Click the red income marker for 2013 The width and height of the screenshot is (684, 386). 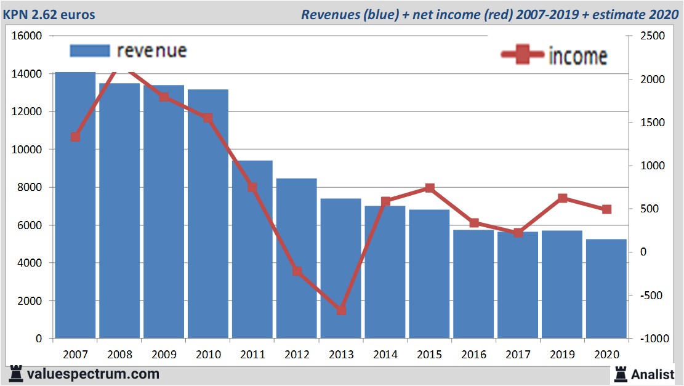pos(341,310)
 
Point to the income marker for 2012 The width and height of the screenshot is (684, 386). pos(297,271)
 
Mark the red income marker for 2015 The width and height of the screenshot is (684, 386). pos(430,188)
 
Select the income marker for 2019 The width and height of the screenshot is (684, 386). pos(562,198)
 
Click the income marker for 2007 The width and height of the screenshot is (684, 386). pos(75,137)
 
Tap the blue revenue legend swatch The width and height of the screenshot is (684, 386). pos(89,50)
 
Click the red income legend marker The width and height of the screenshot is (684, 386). pos(522,55)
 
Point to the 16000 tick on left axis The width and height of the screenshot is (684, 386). pos(27,36)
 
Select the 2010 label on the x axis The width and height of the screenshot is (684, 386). pos(208,355)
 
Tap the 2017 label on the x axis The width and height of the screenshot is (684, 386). pos(518,355)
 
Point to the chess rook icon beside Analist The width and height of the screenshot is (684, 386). pos(620,374)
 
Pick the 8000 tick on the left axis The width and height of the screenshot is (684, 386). pos(30,187)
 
